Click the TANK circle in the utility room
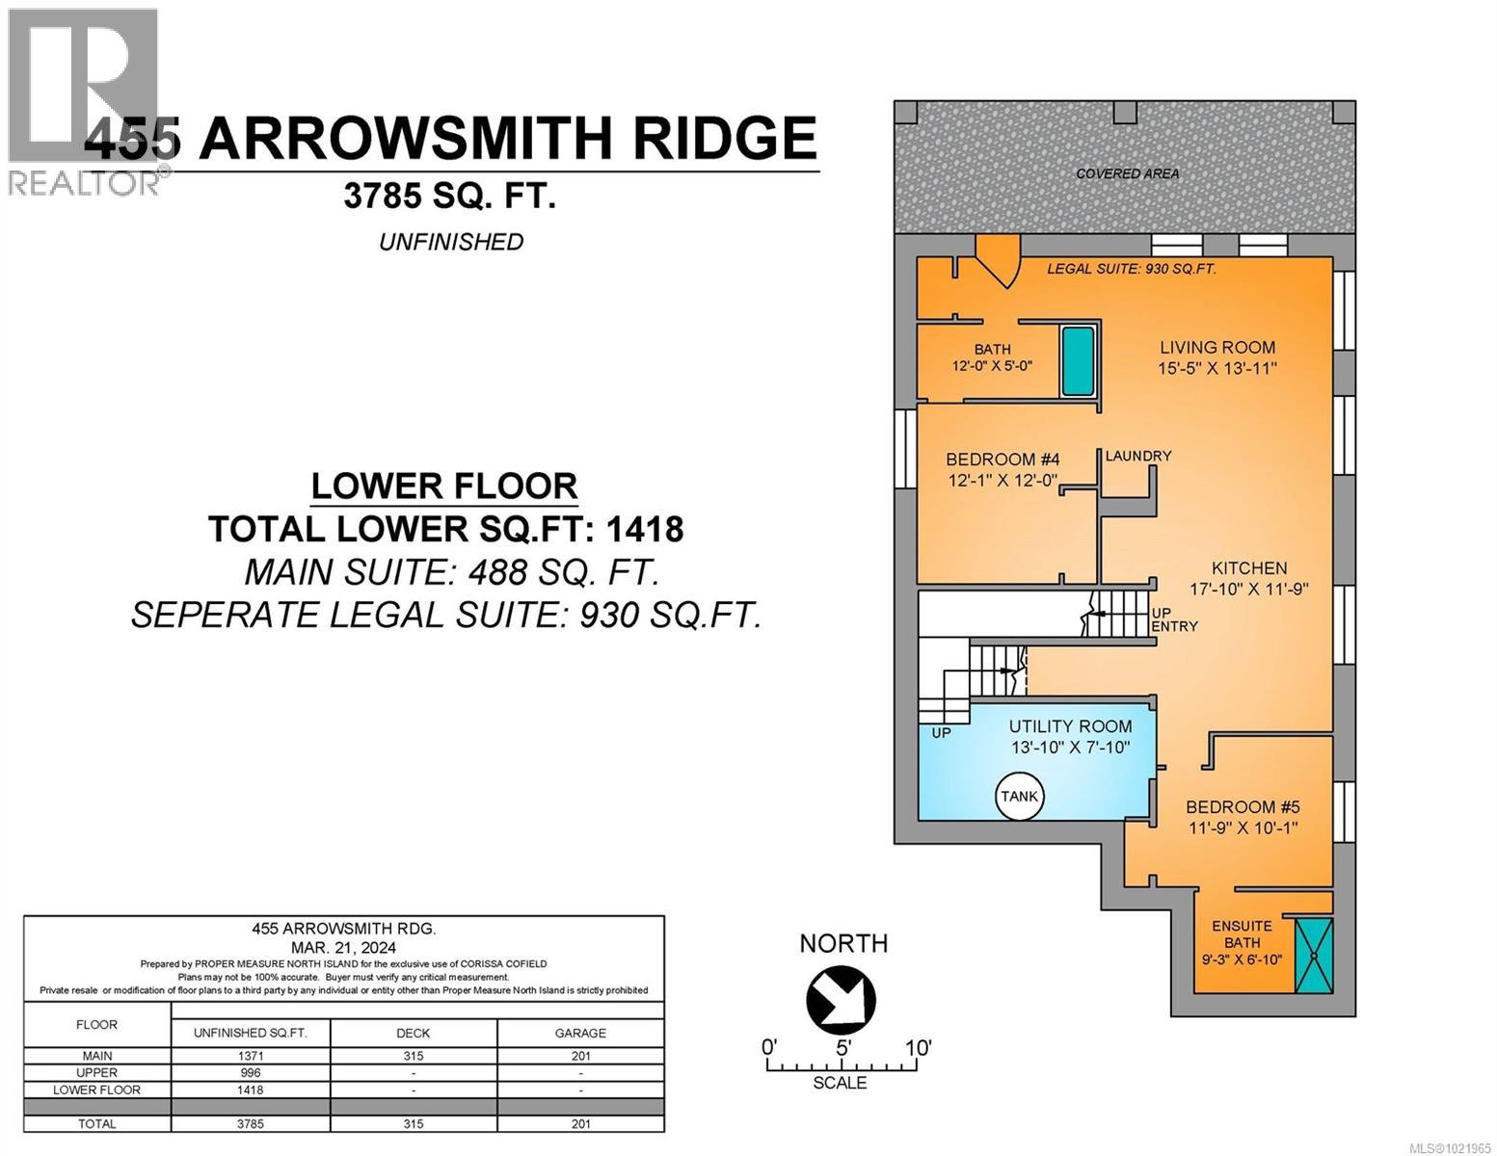(1020, 796)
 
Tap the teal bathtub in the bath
(1078, 361)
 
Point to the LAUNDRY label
(1137, 456)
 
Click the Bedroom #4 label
(1002, 460)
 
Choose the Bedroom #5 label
(1243, 807)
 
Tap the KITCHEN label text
(1249, 568)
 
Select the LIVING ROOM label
(1216, 348)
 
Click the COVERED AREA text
(1127, 174)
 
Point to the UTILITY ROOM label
(1070, 726)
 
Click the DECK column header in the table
(413, 1033)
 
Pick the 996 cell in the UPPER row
(250, 1072)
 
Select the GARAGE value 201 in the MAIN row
(579, 1056)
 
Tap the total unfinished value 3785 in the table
(250, 1123)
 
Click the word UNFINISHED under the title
(450, 242)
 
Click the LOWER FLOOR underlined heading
(444, 486)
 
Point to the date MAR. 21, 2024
(343, 947)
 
